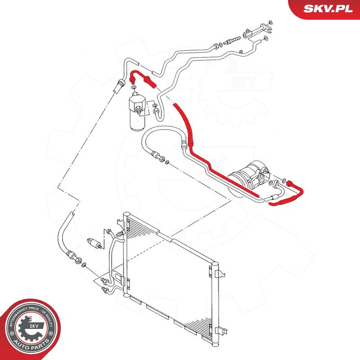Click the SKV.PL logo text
pos(328,9)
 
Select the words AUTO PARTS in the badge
pos(31,344)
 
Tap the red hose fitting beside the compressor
pos(290,183)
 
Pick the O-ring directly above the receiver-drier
pos(134,87)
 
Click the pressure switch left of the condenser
pos(94,243)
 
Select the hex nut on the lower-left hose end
pos(78,260)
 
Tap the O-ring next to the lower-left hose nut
pos(84,265)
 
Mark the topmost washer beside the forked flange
pos(270,22)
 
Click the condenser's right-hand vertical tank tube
pos(215,303)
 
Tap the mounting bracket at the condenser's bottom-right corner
pos(220,331)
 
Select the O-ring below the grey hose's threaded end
pos(167,162)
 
